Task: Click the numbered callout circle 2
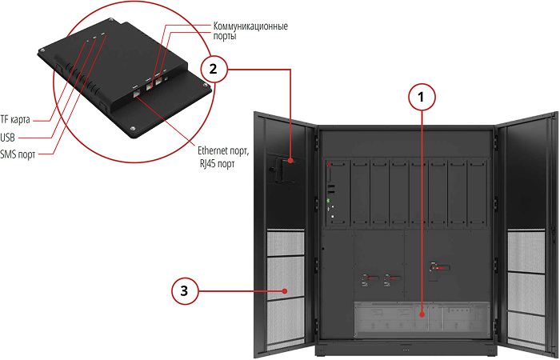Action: coord(213,68)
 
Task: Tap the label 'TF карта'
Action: coord(15,120)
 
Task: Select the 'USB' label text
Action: coord(8,137)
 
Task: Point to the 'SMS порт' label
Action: coord(18,154)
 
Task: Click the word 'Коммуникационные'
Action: coord(250,26)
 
